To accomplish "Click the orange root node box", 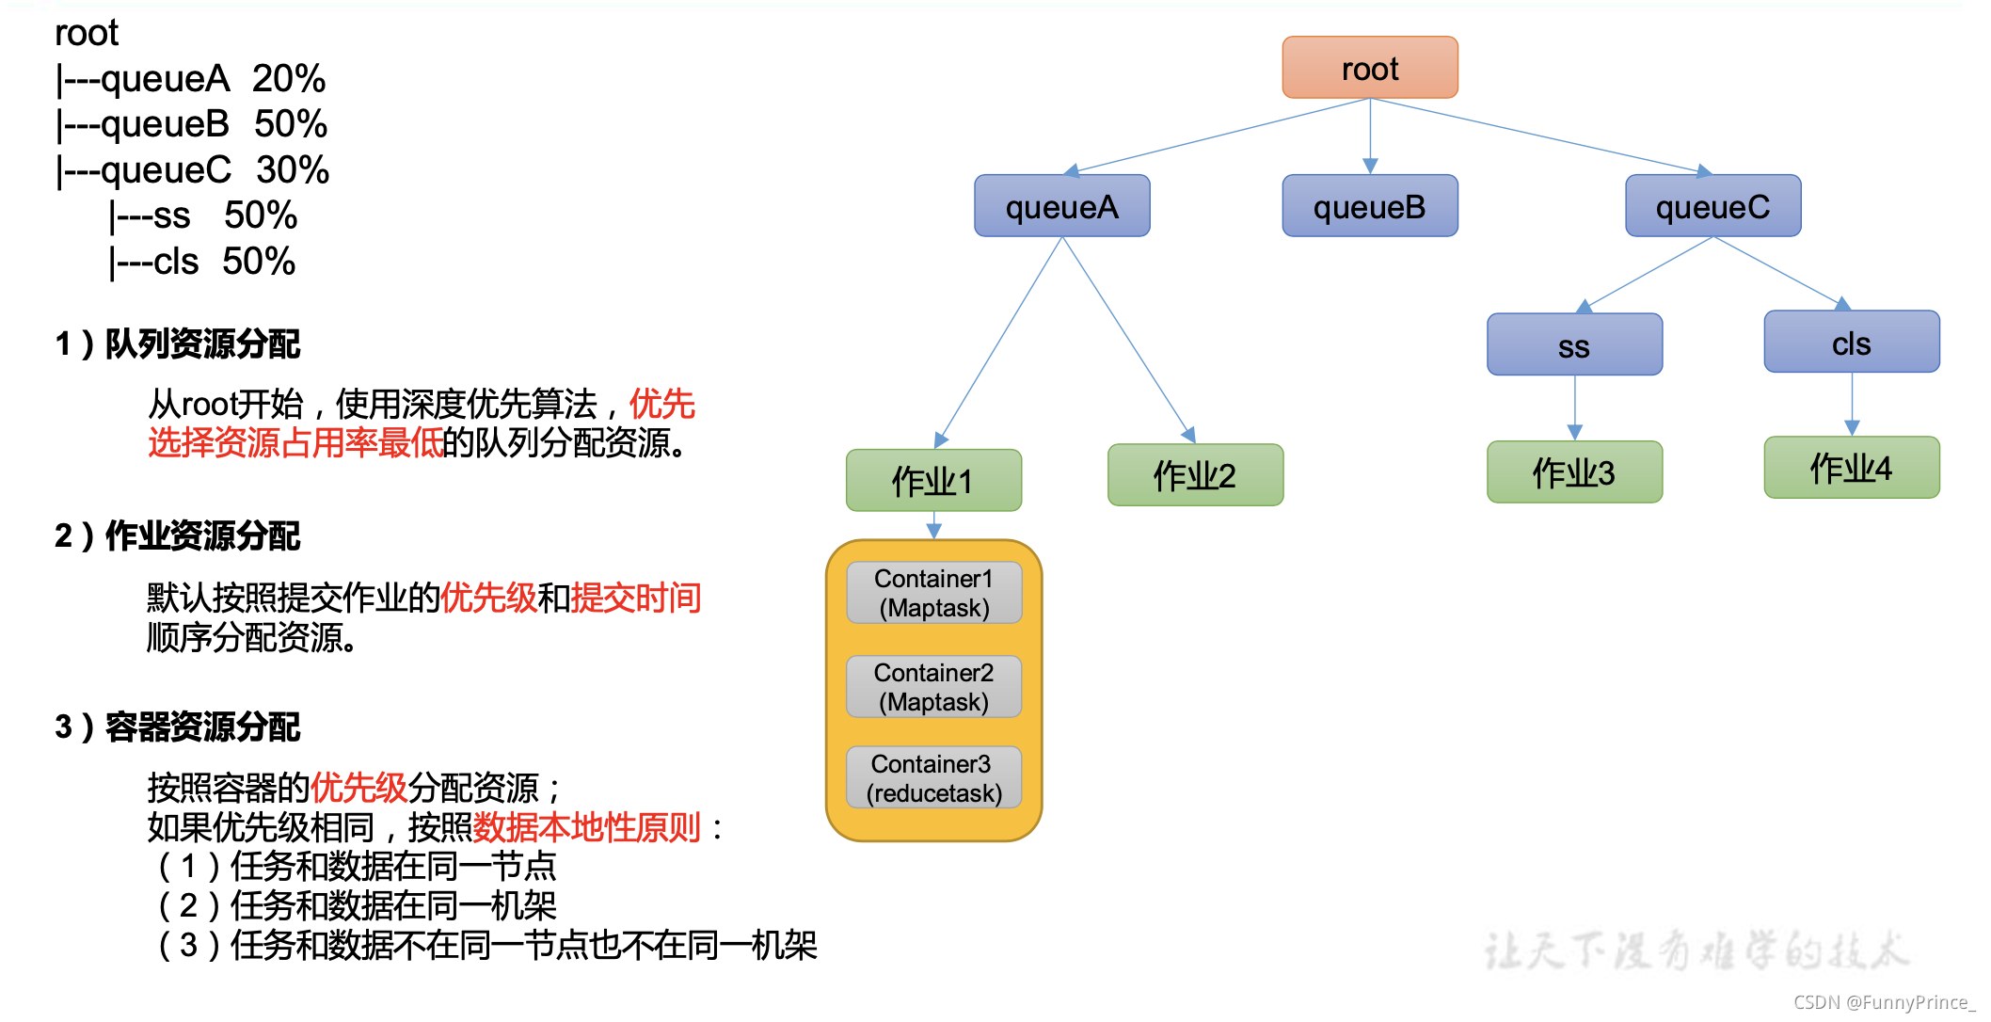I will [1369, 68].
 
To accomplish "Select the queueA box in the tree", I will [1061, 206].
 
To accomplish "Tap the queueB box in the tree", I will [1369, 206].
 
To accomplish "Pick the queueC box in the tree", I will [1712, 206].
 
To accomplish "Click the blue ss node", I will [1574, 345].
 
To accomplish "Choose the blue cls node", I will [1851, 343].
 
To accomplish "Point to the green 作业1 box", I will [933, 481].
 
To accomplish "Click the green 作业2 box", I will [1195, 475].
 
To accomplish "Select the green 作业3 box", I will [1574, 472].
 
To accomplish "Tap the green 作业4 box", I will [1851, 468].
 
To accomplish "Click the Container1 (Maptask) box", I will [933, 593].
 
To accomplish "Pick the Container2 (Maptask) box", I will [933, 687].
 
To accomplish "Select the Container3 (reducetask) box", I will [933, 778].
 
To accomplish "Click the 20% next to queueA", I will [289, 78].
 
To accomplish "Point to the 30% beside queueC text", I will [293, 169].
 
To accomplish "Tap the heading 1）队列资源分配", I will [177, 343].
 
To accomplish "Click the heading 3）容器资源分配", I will [177, 727].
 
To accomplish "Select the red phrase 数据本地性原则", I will [586, 827].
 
